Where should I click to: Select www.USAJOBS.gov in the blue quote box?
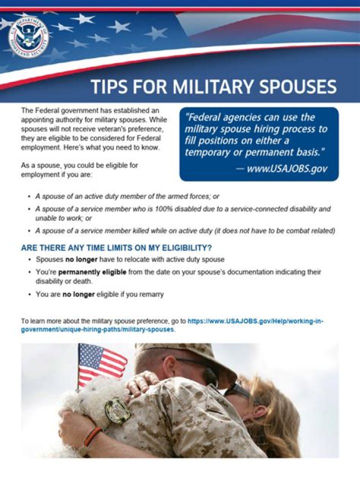pos(286,168)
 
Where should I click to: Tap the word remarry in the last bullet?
pos(152,294)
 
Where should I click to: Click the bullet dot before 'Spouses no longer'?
pos(29,259)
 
